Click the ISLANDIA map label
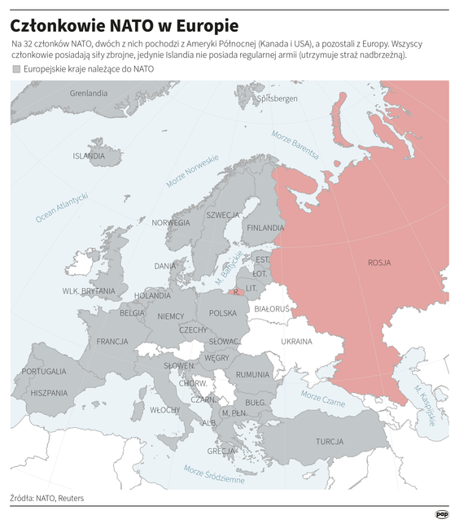pyautogui.click(x=89, y=155)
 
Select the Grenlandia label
pyautogui.click(x=89, y=94)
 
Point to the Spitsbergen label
pyautogui.click(x=277, y=98)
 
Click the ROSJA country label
pyautogui.click(x=379, y=263)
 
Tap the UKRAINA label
pyautogui.click(x=296, y=341)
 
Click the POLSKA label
pyautogui.click(x=223, y=312)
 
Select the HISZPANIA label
pyautogui.click(x=49, y=392)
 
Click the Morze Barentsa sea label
pyautogui.click(x=295, y=144)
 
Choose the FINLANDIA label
pyautogui.click(x=265, y=228)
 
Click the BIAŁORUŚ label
pyautogui.click(x=272, y=309)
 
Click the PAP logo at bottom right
pyautogui.click(x=442, y=514)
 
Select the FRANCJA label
pyautogui.click(x=112, y=341)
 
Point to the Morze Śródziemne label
pyautogui.click(x=214, y=474)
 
